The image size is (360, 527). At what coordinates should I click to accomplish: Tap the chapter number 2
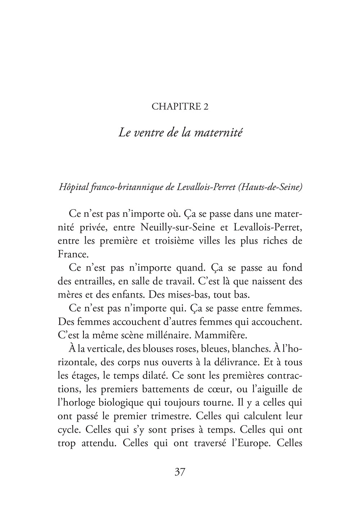pos(206,107)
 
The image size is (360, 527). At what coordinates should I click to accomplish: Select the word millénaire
pos(166,335)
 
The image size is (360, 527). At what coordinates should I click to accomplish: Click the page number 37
pos(180,472)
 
